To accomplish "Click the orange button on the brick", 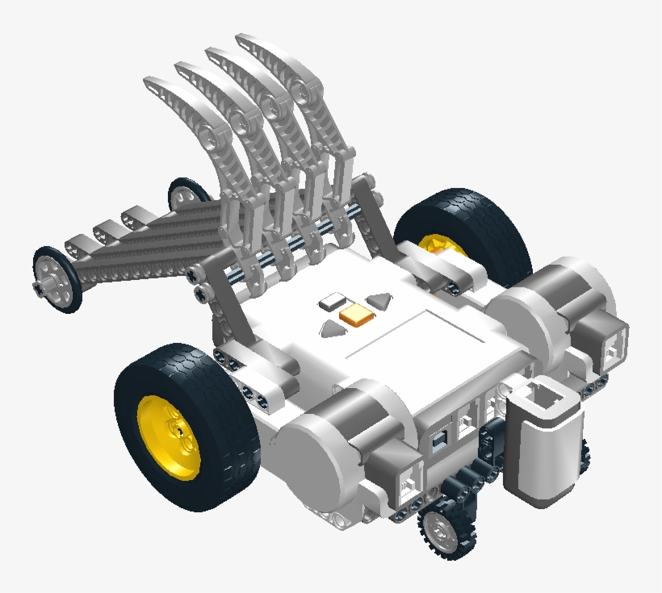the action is coord(356,316).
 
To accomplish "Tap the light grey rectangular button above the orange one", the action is coord(331,303).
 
